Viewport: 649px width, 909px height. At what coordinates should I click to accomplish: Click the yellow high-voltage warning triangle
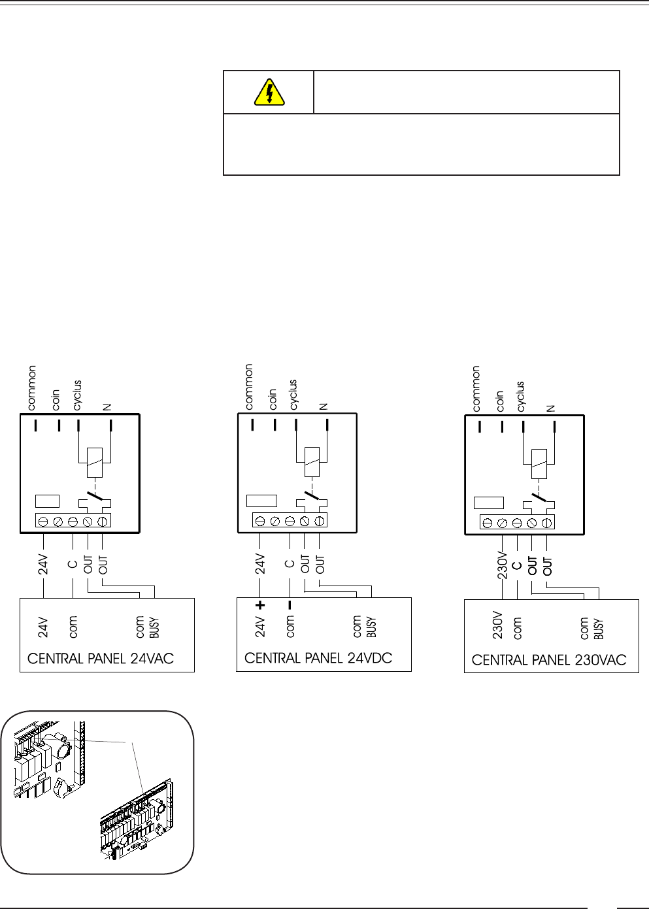(x=269, y=92)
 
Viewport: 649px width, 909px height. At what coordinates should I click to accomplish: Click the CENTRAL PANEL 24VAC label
(x=101, y=658)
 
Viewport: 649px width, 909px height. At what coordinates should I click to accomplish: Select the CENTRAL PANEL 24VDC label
(x=318, y=657)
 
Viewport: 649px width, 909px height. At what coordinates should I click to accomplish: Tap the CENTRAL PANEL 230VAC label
(x=549, y=660)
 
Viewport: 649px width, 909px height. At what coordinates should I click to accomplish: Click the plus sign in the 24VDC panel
(x=260, y=605)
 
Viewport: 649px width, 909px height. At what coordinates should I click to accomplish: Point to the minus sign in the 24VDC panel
(x=290, y=605)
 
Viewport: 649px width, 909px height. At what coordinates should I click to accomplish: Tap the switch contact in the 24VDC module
(x=311, y=496)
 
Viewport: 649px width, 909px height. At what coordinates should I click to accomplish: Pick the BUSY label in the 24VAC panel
(x=154, y=628)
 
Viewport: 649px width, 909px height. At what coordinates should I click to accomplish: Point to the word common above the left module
(x=32, y=388)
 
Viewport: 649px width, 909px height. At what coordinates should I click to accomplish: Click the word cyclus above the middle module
(x=293, y=395)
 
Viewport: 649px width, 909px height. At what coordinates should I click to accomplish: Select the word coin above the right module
(x=500, y=401)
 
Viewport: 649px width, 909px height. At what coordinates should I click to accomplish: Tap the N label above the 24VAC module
(x=107, y=407)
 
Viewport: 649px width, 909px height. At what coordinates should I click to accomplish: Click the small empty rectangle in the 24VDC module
(x=261, y=501)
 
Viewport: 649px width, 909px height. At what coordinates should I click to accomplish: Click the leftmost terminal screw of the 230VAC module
(x=488, y=522)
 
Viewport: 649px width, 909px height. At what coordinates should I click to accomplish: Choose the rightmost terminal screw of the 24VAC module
(x=103, y=521)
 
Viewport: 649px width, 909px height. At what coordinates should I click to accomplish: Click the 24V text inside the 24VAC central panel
(x=43, y=627)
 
